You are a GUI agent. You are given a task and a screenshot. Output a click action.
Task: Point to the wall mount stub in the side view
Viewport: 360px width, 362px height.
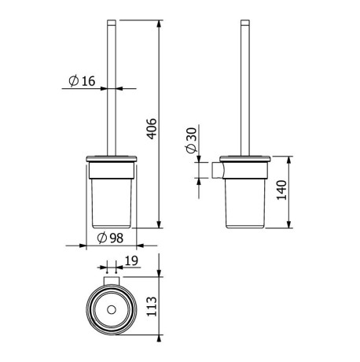[218, 169]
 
